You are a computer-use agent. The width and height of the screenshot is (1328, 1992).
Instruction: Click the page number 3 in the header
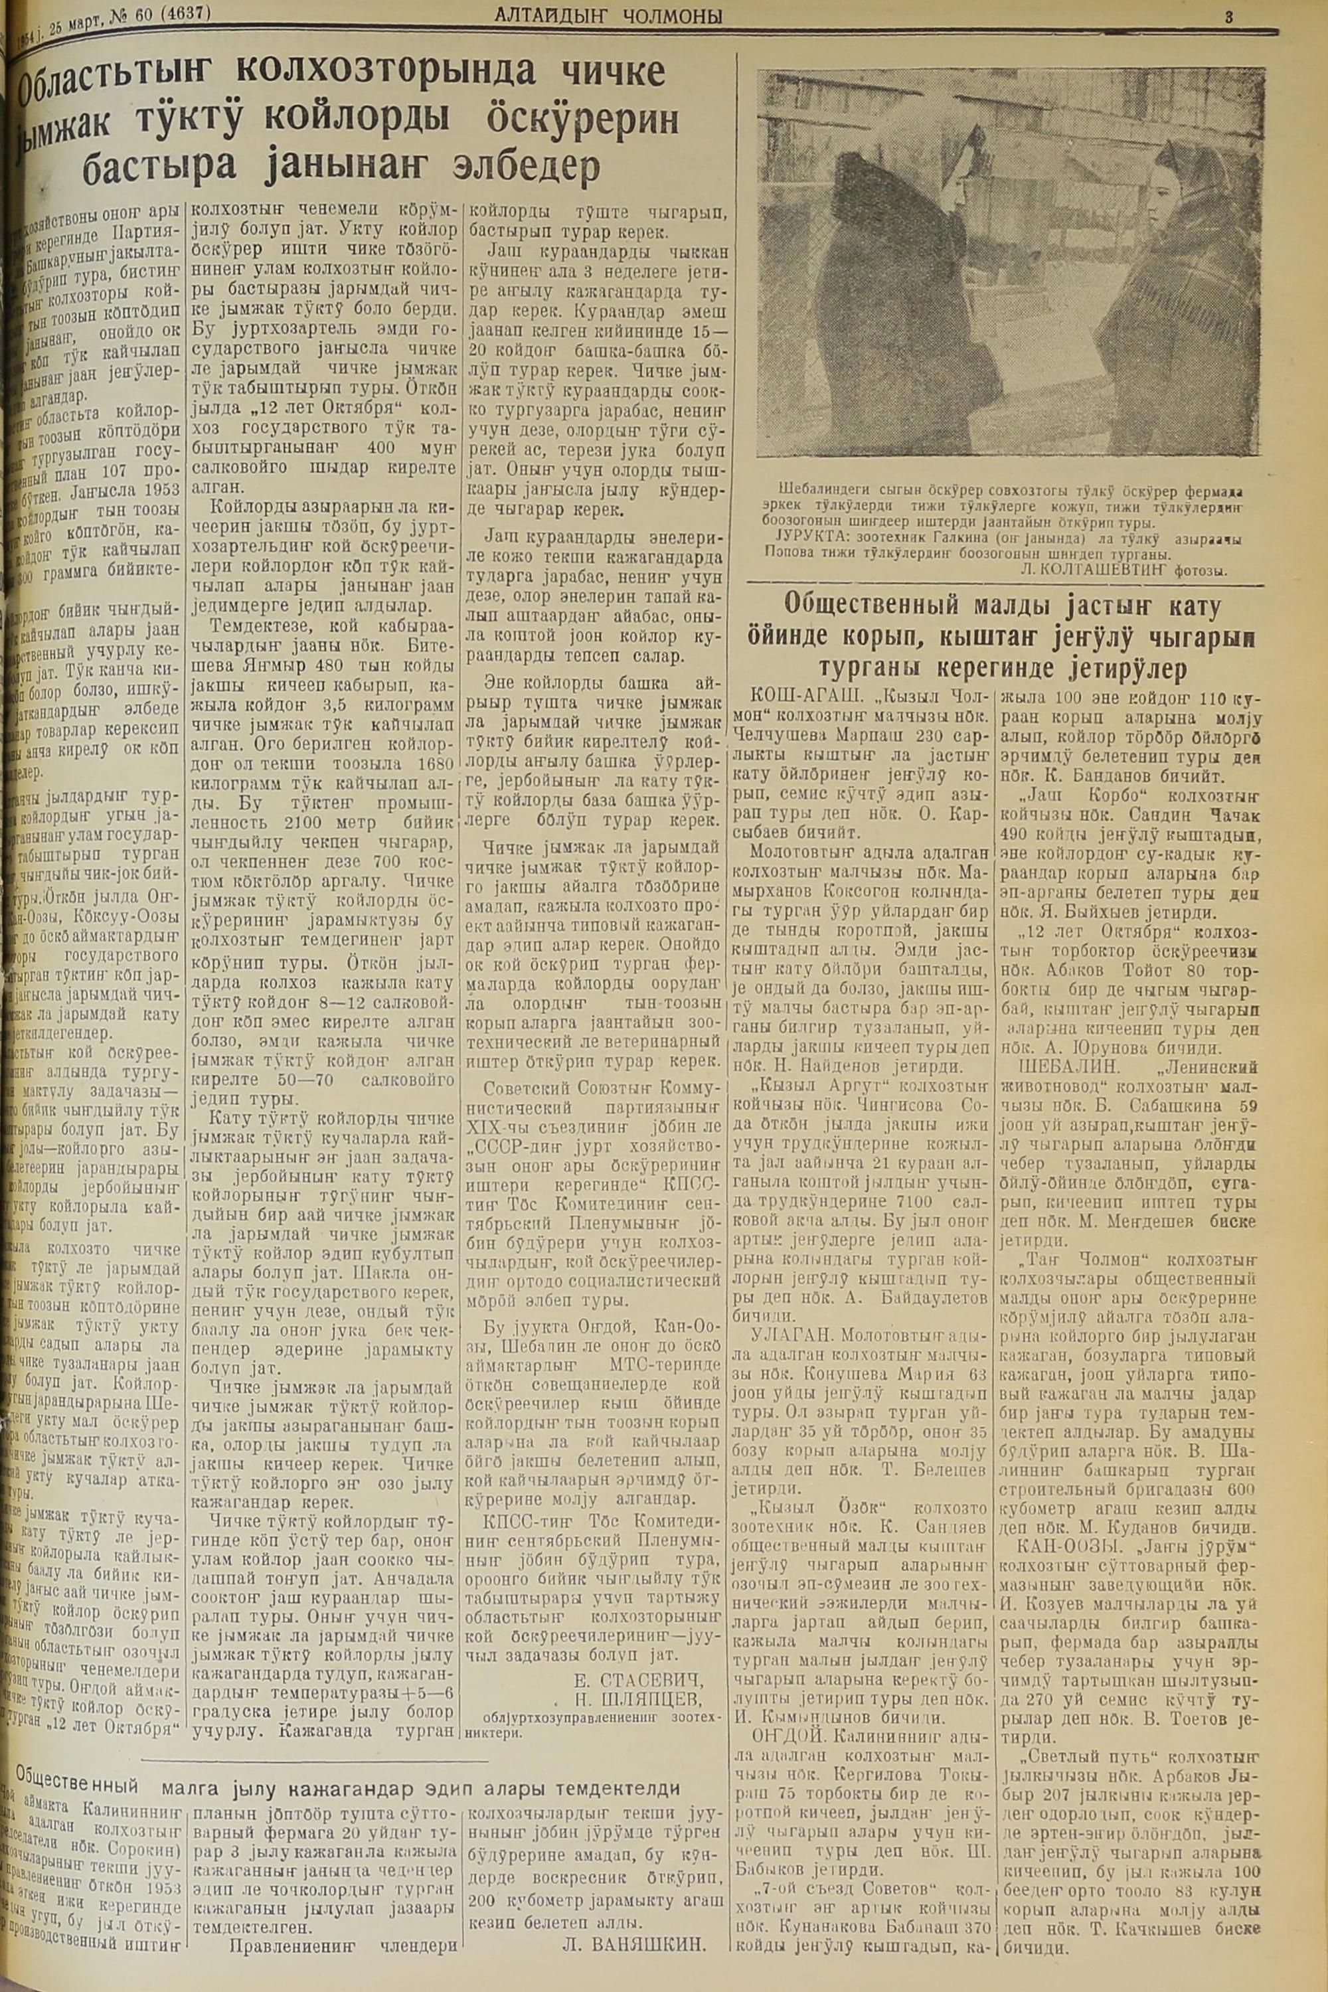tap(1227, 15)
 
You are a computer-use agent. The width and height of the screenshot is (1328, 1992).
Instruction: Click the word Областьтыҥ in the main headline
tap(114, 81)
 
